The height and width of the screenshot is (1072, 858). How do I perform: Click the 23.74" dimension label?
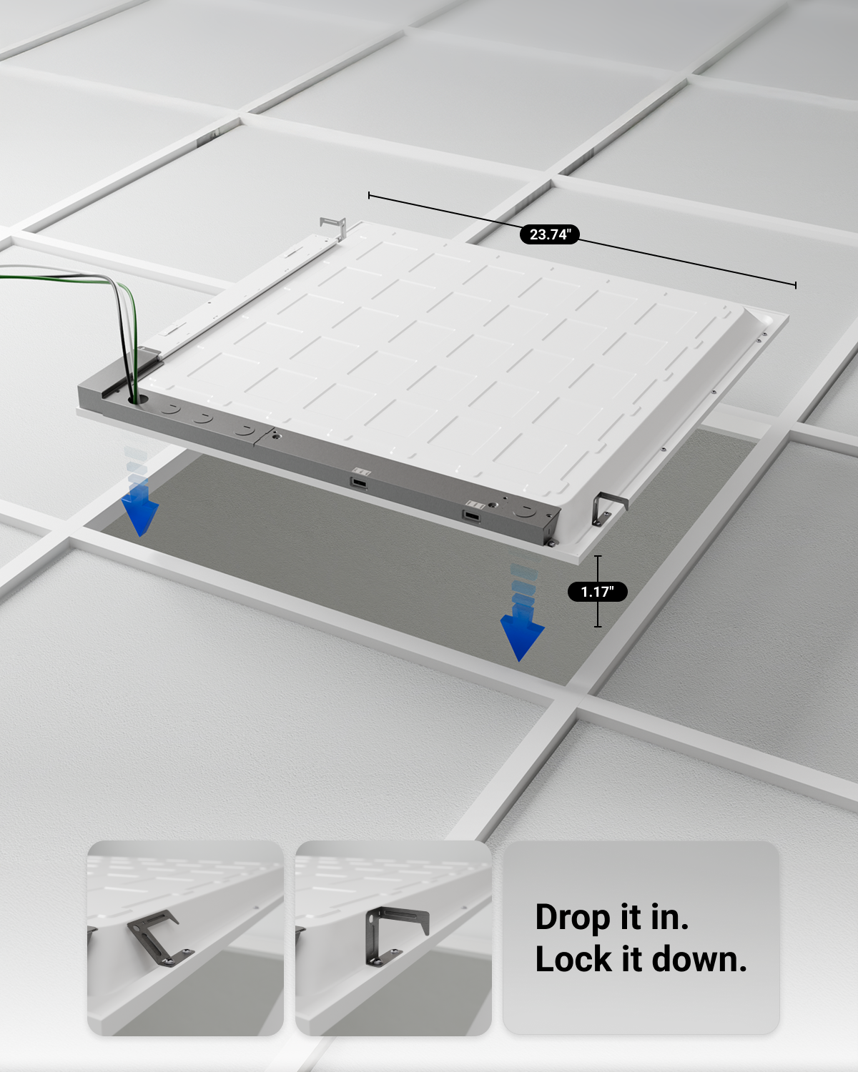tap(549, 234)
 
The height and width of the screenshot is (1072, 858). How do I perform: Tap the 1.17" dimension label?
tap(597, 591)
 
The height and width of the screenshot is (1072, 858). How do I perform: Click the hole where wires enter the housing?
tap(137, 399)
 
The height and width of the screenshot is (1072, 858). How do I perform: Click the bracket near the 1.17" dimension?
tap(608, 507)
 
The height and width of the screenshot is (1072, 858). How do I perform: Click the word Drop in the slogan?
tap(573, 917)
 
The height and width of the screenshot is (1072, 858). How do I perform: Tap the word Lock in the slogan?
tap(573, 959)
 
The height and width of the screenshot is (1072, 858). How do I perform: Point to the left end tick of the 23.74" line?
tap(369, 195)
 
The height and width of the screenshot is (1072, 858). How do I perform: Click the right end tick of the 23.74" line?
tap(796, 285)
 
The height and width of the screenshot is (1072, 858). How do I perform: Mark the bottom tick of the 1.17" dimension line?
tap(598, 626)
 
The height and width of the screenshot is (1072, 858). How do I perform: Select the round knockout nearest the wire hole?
tap(170, 409)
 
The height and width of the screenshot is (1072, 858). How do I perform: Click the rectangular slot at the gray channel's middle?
tap(358, 482)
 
